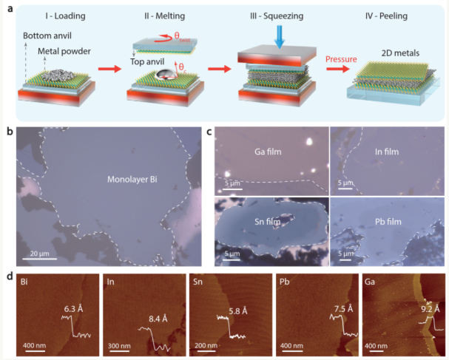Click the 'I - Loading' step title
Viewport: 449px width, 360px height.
65,16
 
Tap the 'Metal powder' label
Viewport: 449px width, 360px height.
64,51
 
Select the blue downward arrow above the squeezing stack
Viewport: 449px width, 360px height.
280,37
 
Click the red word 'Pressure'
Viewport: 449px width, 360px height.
341,59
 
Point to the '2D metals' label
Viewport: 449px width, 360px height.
400,53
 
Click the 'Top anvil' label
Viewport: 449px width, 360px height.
147,62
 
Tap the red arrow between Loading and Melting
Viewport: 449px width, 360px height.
110,69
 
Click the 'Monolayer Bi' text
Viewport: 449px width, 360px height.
132,180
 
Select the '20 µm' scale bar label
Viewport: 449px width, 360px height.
39,254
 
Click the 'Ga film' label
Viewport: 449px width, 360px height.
268,152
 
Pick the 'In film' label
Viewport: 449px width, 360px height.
387,152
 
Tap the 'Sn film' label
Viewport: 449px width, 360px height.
268,222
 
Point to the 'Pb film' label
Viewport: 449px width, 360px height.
388,222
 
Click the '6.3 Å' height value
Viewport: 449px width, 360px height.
73,309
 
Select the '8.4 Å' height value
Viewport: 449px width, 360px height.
158,319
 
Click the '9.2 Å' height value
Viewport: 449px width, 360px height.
431,309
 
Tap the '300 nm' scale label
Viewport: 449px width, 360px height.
119,346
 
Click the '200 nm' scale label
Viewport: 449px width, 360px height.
206,346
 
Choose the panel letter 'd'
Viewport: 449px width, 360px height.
10,276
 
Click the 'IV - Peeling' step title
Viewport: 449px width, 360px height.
386,16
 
